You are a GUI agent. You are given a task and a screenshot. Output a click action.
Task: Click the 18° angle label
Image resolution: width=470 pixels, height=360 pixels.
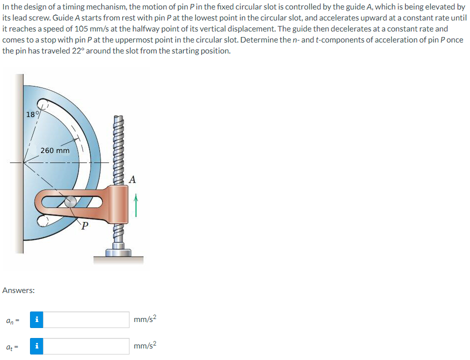(x=31, y=114)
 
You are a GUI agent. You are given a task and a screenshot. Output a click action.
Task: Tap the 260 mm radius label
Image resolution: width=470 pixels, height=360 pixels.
(x=55, y=150)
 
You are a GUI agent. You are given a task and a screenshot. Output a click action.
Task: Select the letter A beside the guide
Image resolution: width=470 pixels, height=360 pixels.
(x=132, y=179)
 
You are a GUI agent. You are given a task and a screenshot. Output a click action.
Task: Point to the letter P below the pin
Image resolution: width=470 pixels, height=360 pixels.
(x=85, y=228)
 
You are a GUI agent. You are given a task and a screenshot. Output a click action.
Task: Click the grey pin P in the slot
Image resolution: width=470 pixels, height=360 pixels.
(x=70, y=201)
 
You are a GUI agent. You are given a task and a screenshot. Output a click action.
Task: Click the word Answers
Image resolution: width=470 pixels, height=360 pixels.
(x=18, y=290)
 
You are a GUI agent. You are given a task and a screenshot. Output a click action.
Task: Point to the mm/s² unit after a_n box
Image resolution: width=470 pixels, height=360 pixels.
(x=145, y=319)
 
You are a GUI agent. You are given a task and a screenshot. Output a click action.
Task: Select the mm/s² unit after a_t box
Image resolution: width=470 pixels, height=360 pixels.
(x=145, y=345)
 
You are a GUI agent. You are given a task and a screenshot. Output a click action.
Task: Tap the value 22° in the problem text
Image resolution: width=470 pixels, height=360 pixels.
(x=73, y=50)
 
